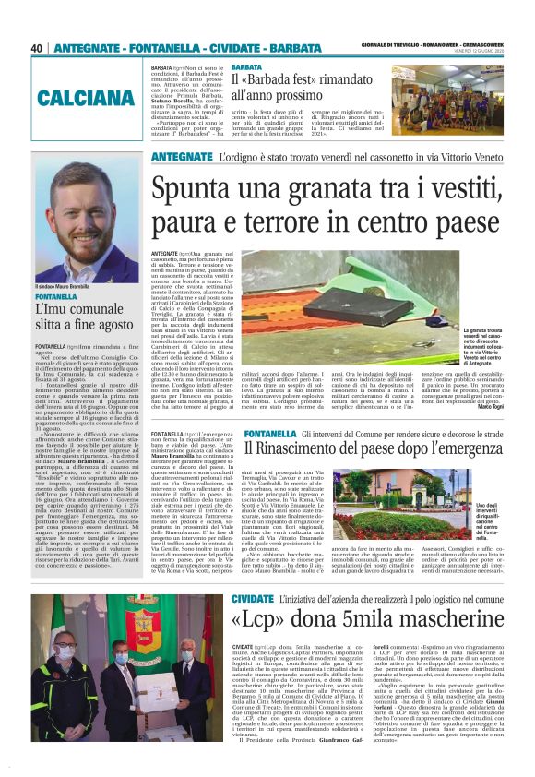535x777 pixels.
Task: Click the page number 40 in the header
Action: [x=37, y=48]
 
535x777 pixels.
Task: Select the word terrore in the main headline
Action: [x=259, y=223]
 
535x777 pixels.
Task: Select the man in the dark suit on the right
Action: [x=198, y=678]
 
